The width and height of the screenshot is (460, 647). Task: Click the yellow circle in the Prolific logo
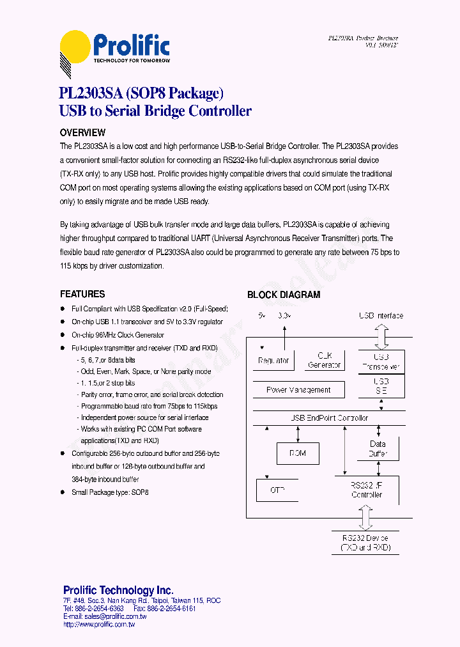75,46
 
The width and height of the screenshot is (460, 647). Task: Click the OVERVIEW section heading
82,133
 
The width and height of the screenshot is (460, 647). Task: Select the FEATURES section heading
82,294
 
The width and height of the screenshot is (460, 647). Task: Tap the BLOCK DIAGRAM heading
284,295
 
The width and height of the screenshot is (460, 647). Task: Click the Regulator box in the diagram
273,361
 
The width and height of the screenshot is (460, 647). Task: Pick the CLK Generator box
325,361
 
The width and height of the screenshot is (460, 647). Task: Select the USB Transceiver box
381,361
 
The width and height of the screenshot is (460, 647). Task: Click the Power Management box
298,389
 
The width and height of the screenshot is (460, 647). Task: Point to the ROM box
297,453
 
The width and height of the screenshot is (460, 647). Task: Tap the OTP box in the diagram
277,490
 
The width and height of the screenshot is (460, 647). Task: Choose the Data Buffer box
378,449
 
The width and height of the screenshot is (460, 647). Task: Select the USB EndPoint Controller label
329,418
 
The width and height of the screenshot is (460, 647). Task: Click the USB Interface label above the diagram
381,316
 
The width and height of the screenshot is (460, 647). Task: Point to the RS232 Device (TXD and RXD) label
365,543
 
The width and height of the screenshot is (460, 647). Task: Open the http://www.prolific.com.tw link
99,624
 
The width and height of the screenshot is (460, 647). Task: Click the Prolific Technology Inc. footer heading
118,590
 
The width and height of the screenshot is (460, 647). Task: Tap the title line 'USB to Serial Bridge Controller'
155,111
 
